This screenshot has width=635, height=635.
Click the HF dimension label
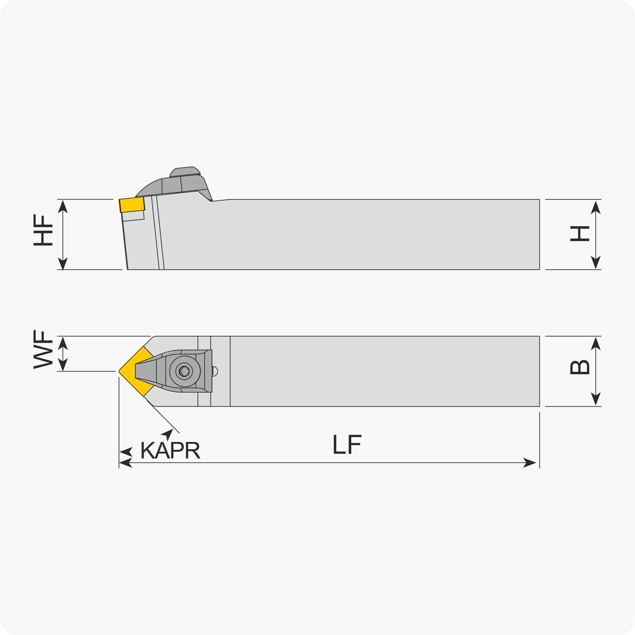coord(43,230)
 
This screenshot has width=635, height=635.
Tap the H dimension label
coord(580,234)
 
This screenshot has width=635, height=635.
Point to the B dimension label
coord(580,368)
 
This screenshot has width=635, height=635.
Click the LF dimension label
coord(347,444)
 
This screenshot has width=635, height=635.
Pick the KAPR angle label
coord(170,450)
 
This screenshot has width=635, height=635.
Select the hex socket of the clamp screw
coord(184,371)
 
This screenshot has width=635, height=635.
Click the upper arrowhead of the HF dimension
coord(63,206)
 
